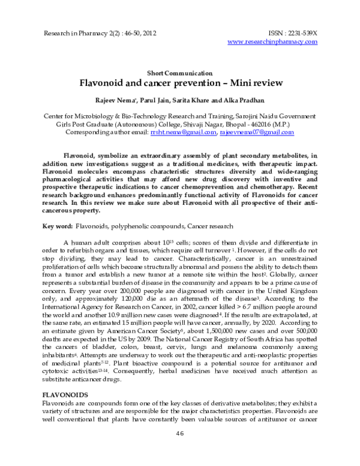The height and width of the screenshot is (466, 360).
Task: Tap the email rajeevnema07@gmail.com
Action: pyautogui.click(x=248, y=132)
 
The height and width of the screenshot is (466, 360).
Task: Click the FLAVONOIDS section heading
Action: pyautogui.click(x=64, y=394)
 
